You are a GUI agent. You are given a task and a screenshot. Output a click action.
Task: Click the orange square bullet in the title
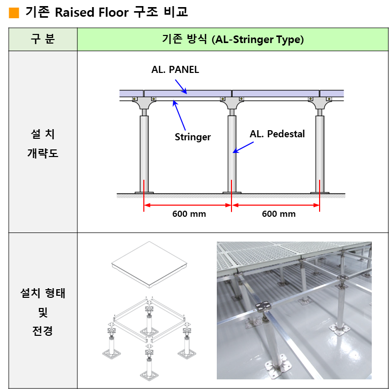pos(14,13)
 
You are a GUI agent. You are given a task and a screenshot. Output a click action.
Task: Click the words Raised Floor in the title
pos(92,12)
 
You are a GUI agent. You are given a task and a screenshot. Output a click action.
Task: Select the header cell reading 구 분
pos(43,39)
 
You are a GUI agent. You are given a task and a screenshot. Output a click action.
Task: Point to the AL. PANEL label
pos(175,70)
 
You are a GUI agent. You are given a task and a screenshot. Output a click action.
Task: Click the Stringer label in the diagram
pos(193,137)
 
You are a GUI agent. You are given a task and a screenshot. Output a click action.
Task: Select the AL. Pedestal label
pos(277,134)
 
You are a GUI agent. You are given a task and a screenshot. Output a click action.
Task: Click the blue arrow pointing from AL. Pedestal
pos(243,147)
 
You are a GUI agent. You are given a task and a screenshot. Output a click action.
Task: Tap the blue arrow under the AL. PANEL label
pos(181,87)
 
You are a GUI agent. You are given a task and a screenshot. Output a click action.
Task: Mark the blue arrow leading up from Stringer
pos(179,115)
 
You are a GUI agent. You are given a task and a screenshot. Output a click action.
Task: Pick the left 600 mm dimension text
pos(189,214)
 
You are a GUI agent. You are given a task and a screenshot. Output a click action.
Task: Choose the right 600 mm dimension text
pos(279,214)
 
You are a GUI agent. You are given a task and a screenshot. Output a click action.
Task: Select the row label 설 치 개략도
pos(43,144)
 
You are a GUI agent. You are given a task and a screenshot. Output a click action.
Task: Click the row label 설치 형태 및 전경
pos(43,312)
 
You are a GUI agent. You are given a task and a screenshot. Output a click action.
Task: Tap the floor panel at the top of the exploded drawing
pos(149,264)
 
